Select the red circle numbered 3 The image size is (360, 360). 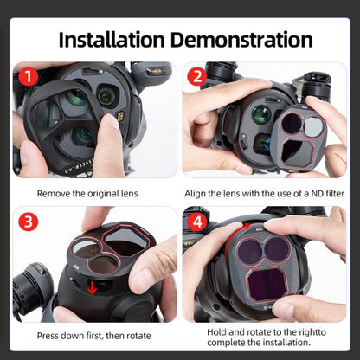tap(29, 222)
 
